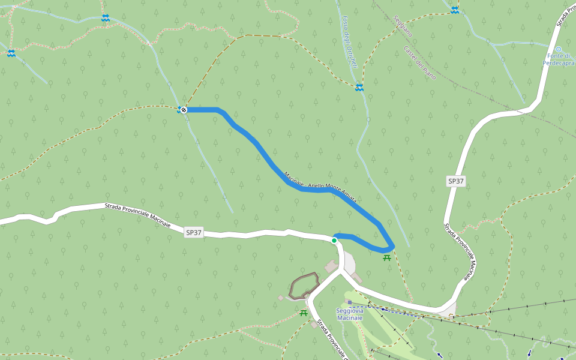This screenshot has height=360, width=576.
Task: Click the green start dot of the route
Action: point(334,240)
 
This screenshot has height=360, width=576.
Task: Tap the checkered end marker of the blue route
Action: point(184,110)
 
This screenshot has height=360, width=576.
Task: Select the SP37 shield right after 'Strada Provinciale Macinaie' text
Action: point(194,232)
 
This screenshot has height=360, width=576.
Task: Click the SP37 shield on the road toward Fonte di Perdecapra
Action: point(456,181)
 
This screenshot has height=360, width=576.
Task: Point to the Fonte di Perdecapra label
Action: point(559,59)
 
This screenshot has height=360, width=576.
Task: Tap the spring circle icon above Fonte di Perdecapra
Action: point(558,49)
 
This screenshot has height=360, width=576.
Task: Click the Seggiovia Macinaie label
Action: point(350,314)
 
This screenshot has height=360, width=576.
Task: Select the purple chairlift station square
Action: point(349,302)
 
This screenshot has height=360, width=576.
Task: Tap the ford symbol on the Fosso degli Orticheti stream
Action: point(359,88)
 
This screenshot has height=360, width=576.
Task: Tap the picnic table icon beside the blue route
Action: point(387,257)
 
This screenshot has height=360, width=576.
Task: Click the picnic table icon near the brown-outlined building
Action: point(303,313)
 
